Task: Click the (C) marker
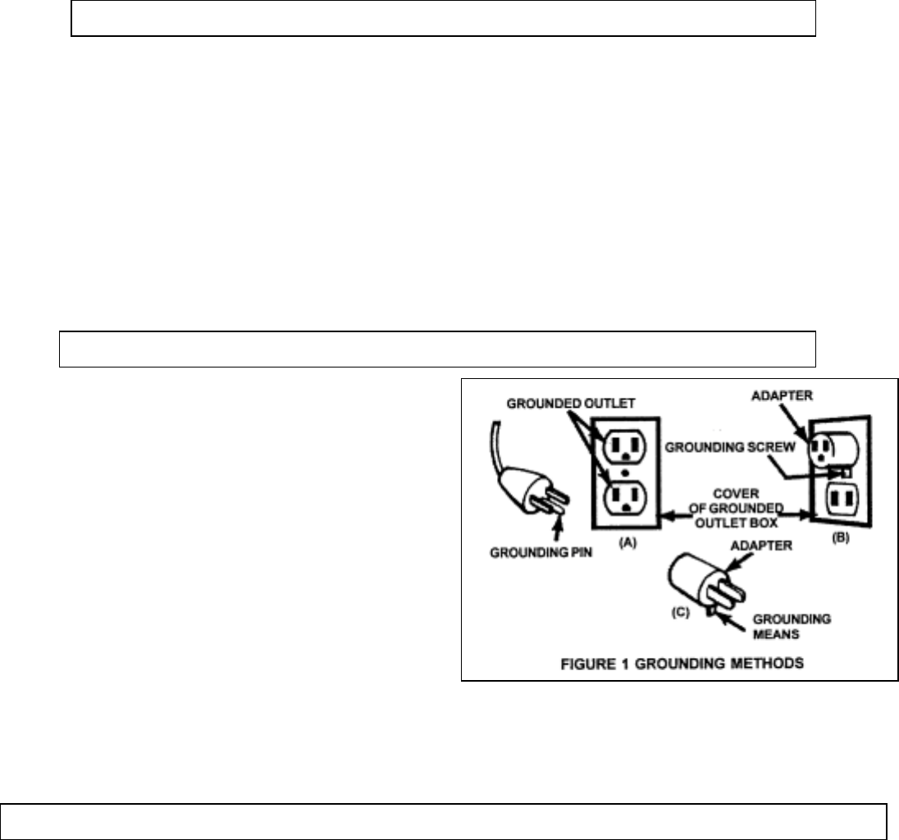click(x=682, y=609)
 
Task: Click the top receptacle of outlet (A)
click(x=624, y=444)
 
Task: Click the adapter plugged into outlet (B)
click(x=830, y=447)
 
